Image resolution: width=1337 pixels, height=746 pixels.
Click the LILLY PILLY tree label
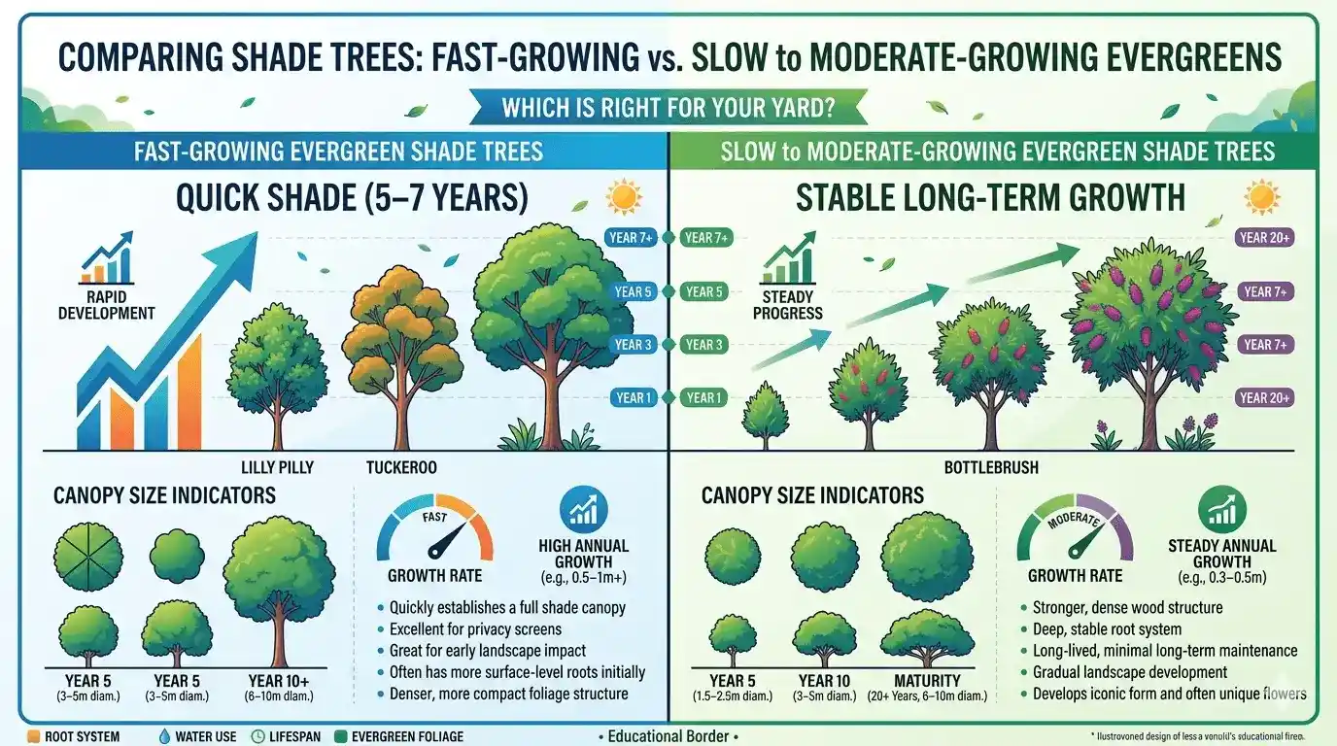click(x=277, y=467)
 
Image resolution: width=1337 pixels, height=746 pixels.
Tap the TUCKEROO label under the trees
click(x=401, y=467)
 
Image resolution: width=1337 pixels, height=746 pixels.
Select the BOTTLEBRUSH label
click(x=991, y=467)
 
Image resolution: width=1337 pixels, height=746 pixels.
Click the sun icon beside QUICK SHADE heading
click(x=623, y=198)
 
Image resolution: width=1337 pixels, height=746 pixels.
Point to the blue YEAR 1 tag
click(x=632, y=397)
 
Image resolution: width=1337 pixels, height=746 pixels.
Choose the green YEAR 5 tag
click(x=704, y=291)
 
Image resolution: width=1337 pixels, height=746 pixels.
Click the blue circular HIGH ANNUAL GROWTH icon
click(x=584, y=511)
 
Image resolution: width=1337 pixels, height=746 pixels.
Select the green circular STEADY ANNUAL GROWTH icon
click(x=1221, y=511)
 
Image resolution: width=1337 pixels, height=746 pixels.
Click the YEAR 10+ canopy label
click(x=280, y=681)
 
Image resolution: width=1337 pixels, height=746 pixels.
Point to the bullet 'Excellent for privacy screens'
click(x=475, y=629)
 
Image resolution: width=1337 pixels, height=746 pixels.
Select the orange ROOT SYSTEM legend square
click(x=34, y=736)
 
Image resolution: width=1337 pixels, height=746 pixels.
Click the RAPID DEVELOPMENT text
click(x=106, y=305)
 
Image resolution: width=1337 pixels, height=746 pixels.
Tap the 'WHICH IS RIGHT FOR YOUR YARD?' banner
click(x=668, y=108)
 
